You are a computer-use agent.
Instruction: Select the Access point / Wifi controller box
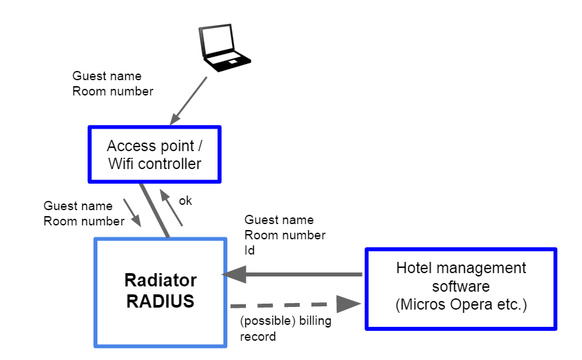[x=154, y=154]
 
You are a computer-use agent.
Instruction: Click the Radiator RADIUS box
[x=160, y=292]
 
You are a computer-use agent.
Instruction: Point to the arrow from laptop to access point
[x=189, y=100]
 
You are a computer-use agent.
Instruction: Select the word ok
[x=186, y=200]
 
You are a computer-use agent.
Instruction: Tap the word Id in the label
[x=250, y=251]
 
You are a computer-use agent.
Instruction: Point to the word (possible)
[x=264, y=322]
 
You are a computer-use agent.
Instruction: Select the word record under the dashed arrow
[x=258, y=337]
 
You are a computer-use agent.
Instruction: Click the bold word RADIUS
[x=160, y=302]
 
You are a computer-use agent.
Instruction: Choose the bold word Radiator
[x=160, y=280]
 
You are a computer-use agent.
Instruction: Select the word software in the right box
[x=461, y=286]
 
